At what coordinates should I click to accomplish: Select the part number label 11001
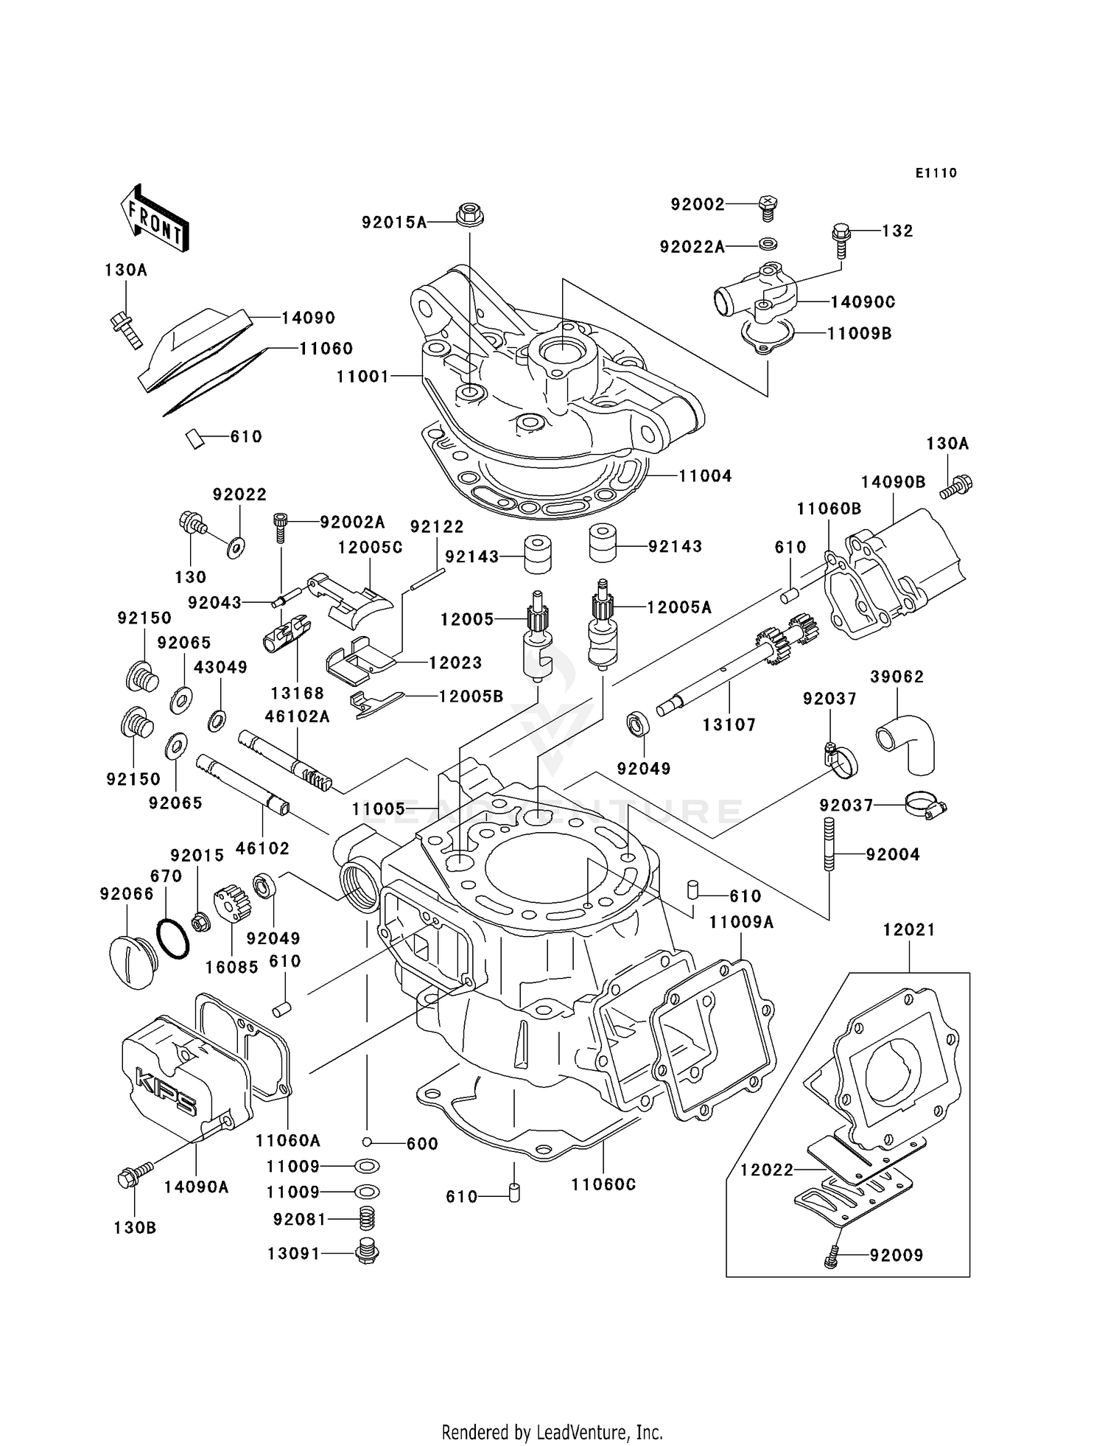362,377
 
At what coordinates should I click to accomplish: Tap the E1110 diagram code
936,173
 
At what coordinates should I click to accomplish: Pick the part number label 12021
909,930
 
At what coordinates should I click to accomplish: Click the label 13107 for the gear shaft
729,725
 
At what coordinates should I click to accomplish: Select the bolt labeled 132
841,238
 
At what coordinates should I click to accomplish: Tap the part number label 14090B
893,482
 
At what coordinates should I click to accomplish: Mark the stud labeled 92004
829,844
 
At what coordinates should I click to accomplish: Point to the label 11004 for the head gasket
705,476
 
